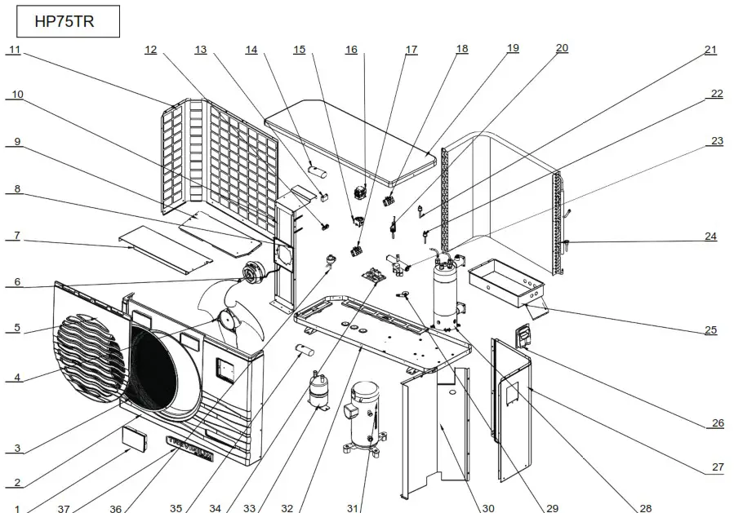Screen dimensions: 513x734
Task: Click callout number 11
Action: [x=15, y=50]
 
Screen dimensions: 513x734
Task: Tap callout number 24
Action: [x=711, y=237]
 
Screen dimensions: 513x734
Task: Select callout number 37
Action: [x=63, y=508]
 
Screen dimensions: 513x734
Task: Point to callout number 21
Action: [x=711, y=50]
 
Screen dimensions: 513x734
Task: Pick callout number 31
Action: [x=352, y=508]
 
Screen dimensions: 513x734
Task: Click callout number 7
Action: [x=15, y=235]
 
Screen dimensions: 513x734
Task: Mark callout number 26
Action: [x=717, y=422]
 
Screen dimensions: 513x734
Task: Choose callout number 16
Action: [x=351, y=50]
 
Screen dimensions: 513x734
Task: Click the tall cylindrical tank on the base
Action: [x=445, y=298]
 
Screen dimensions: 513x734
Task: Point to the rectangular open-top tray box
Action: [x=505, y=281]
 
